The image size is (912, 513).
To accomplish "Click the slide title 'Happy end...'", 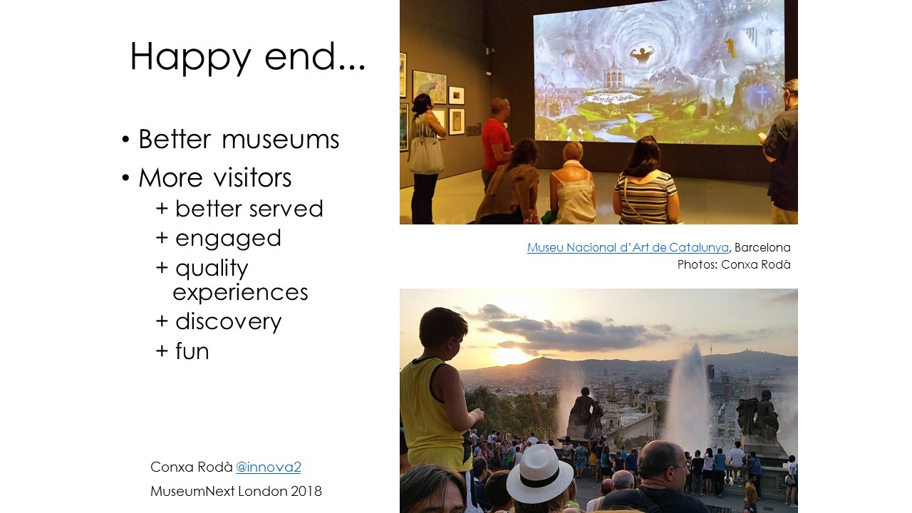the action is (247, 57).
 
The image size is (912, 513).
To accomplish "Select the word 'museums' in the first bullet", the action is (280, 139).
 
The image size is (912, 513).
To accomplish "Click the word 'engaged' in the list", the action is (228, 239).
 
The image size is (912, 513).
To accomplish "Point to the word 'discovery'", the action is (229, 321).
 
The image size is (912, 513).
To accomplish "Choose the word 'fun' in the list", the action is (192, 351).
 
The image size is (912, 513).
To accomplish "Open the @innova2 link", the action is (269, 467).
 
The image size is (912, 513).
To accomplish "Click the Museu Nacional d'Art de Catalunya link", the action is (628, 247).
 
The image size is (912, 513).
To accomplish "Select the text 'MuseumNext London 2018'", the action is (236, 491).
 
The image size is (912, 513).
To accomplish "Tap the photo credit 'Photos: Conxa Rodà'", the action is (734, 264).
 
